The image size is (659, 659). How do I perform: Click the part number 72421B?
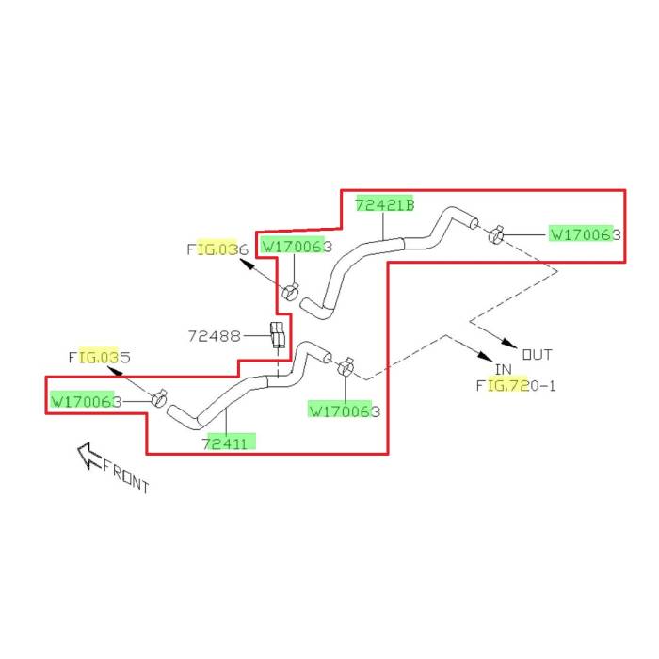point(384,204)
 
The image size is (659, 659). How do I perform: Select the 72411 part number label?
point(229,442)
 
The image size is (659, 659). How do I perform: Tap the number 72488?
point(215,334)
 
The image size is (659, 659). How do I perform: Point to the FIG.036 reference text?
point(217,249)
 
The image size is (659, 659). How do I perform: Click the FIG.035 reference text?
point(99,358)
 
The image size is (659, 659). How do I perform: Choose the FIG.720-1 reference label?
point(516,385)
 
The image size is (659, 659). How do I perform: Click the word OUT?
point(537,355)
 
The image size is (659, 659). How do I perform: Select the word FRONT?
point(126,475)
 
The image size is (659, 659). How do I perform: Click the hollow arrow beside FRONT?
point(89,457)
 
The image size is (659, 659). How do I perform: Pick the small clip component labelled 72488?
point(278,334)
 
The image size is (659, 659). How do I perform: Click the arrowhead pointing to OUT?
point(509,342)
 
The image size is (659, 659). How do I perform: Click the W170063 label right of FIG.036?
point(296,247)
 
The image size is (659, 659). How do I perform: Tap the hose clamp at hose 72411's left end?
point(160,399)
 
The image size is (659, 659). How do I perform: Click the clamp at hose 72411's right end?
point(346,364)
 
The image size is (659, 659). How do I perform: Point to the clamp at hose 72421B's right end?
point(495,232)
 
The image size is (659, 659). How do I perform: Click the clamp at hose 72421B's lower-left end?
point(291,291)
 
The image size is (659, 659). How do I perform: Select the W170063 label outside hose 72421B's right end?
point(585,233)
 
